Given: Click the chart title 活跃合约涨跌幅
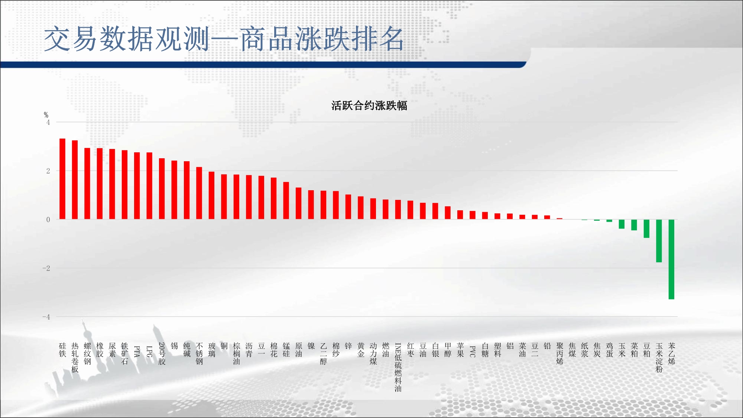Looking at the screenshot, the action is [x=369, y=106].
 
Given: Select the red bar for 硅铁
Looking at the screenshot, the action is [x=62, y=179].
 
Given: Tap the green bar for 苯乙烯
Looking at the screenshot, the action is [x=671, y=259].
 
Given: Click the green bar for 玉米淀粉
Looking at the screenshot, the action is [x=659, y=241].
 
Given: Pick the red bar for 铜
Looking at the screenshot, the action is [x=224, y=197].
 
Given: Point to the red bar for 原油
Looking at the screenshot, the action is [x=299, y=203].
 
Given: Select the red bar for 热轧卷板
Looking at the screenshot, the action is [x=75, y=180].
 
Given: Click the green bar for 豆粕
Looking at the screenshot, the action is [x=646, y=229].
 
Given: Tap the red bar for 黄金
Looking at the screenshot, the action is [x=361, y=208].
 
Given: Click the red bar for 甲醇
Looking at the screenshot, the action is [x=448, y=213].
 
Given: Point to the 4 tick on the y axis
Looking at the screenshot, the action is [x=48, y=122].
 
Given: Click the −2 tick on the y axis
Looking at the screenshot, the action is [x=46, y=268].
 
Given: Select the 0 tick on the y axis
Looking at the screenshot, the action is [x=48, y=220].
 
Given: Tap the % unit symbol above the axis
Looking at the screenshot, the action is [x=46, y=115].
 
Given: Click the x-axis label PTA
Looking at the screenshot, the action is [x=137, y=351].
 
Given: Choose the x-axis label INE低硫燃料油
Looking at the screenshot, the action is [x=398, y=367].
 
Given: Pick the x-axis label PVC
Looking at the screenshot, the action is [x=473, y=351].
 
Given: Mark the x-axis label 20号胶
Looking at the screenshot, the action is [x=162, y=354].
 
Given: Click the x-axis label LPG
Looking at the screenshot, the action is [x=149, y=351].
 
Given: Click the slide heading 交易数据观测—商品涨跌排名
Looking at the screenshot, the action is [x=224, y=39].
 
